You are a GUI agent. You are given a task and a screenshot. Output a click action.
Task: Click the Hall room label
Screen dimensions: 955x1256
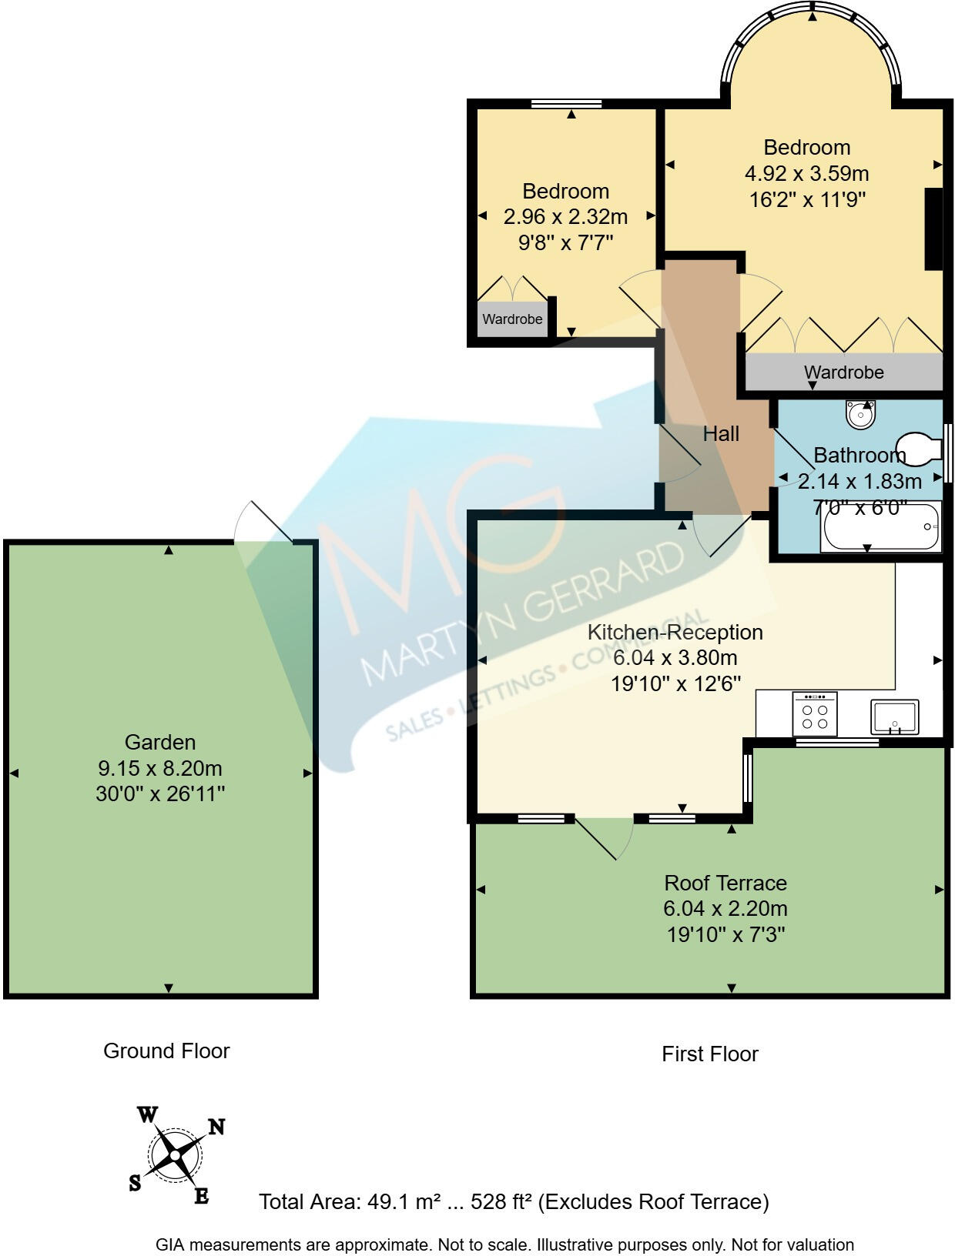(x=720, y=433)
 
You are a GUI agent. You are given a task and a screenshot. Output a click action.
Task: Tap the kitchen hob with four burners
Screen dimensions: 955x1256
(x=814, y=713)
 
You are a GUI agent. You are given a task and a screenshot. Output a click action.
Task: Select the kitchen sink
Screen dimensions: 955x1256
(x=894, y=717)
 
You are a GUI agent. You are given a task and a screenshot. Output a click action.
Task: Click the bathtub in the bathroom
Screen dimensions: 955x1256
(x=880, y=526)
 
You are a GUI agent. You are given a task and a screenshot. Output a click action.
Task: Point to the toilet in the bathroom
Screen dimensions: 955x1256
(x=918, y=449)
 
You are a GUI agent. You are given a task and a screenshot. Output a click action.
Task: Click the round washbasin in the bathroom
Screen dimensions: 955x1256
(x=860, y=414)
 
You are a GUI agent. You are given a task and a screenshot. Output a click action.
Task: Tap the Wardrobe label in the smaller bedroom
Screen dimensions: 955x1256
(x=512, y=319)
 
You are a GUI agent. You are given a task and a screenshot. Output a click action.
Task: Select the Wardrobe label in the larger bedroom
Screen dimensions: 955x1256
(x=843, y=372)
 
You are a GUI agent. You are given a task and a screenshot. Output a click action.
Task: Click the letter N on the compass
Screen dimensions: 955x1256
(x=216, y=1127)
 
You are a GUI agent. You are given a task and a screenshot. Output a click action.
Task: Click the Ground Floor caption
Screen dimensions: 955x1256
(x=166, y=1051)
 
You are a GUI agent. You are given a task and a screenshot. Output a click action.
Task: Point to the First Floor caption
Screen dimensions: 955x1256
(x=710, y=1054)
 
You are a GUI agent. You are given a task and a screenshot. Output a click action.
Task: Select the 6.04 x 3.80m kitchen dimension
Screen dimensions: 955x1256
(x=675, y=657)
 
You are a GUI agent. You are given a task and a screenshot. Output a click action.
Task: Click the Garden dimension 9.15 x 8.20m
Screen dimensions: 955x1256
(x=159, y=768)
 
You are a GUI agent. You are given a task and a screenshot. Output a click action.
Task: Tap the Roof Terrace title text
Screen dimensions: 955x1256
(x=725, y=883)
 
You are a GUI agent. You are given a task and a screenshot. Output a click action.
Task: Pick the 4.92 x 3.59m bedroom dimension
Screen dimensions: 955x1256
(x=806, y=173)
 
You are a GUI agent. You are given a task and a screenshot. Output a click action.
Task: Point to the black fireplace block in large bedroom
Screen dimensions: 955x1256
(x=933, y=229)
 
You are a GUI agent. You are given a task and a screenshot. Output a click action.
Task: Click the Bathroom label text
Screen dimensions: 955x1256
(x=859, y=456)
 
